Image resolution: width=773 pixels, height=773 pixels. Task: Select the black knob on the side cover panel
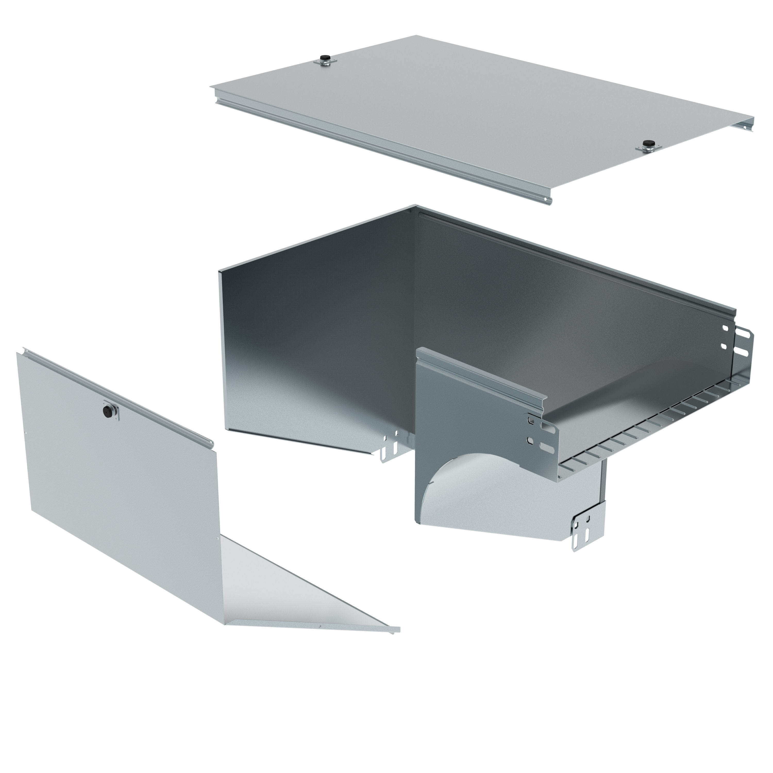pyautogui.click(x=108, y=411)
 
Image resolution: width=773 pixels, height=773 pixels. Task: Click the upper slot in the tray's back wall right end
pyautogui.click(x=725, y=329)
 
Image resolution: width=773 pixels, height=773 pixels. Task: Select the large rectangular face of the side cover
pyautogui.click(x=120, y=472)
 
